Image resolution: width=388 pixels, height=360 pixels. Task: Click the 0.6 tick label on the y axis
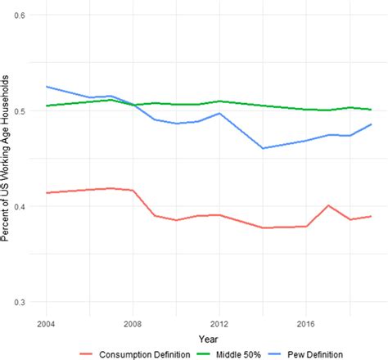click(x=24, y=16)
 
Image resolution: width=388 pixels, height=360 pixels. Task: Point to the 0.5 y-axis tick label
click(x=24, y=111)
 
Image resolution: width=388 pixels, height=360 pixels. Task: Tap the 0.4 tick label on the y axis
click(x=24, y=206)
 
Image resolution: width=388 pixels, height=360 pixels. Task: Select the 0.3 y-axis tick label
click(x=24, y=302)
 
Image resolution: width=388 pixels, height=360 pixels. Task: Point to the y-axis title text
click(x=7, y=160)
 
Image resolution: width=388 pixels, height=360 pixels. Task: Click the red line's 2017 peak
click(x=327, y=205)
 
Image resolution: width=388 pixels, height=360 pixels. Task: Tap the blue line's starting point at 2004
click(x=47, y=87)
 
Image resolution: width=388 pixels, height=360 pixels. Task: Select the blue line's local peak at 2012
click(x=219, y=113)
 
